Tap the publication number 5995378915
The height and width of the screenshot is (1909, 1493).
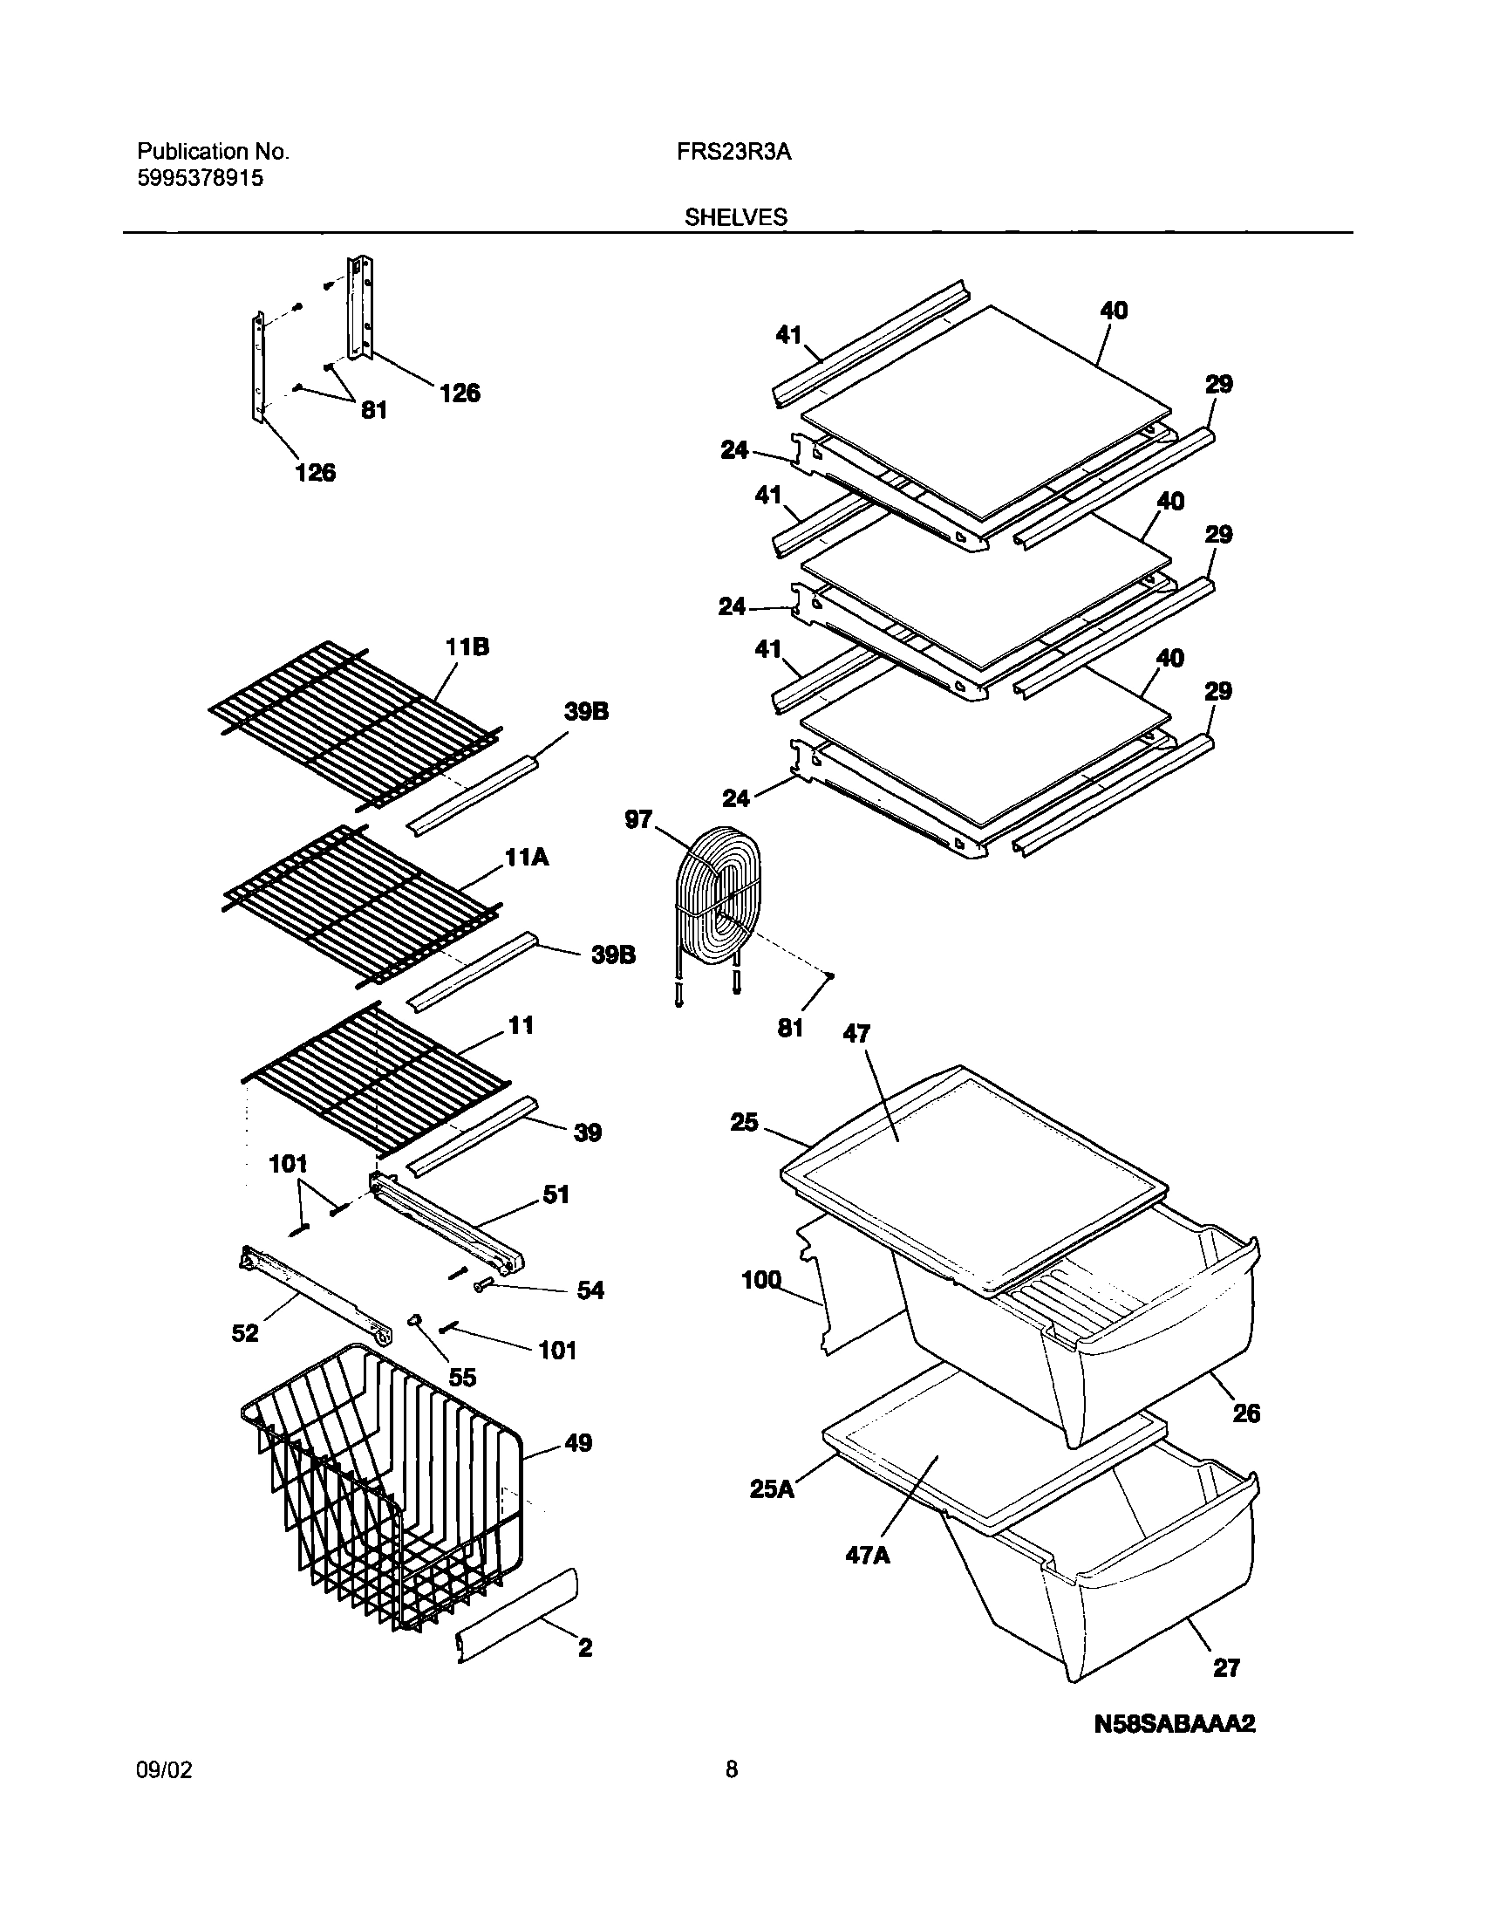[x=201, y=178]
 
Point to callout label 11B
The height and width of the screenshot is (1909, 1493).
[x=467, y=647]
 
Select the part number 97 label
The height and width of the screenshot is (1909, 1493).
[x=638, y=819]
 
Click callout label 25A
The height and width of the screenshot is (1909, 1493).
[x=772, y=1488]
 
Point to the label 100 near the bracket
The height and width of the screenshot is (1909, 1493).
[x=760, y=1280]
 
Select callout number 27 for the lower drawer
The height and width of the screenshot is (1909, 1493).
[x=1226, y=1667]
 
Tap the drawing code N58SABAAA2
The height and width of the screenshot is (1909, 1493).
[x=1174, y=1724]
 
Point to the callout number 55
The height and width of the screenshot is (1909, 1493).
[x=462, y=1378]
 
